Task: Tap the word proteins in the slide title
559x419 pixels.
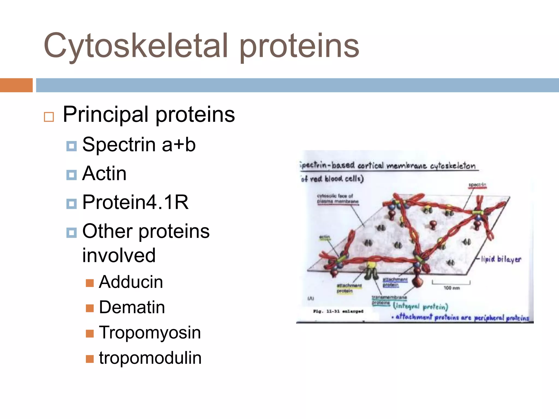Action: pyautogui.click(x=299, y=46)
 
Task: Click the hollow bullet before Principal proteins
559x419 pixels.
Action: pyautogui.click(x=49, y=117)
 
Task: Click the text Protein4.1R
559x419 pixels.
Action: pyautogui.click(x=135, y=202)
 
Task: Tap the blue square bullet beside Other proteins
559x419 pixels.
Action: pyautogui.click(x=72, y=233)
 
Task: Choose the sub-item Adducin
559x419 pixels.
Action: pyautogui.click(x=131, y=282)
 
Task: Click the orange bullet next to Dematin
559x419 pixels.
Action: pyautogui.click(x=90, y=308)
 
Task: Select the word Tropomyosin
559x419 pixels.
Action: pyautogui.click(x=150, y=333)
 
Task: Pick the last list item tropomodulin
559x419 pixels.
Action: pyautogui.click(x=150, y=358)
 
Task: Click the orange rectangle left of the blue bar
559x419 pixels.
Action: pyautogui.click(x=16, y=85)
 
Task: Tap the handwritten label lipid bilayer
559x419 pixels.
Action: pyautogui.click(x=501, y=259)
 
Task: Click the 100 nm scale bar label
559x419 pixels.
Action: pyautogui.click(x=451, y=288)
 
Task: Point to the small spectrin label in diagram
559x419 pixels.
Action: pyautogui.click(x=477, y=185)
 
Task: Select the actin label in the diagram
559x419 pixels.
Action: pyautogui.click(x=325, y=237)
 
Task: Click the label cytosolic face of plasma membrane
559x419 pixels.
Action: pyautogui.click(x=337, y=199)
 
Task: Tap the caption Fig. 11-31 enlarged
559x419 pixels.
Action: pyautogui.click(x=338, y=311)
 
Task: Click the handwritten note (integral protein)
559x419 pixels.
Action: pyautogui.click(x=420, y=307)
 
